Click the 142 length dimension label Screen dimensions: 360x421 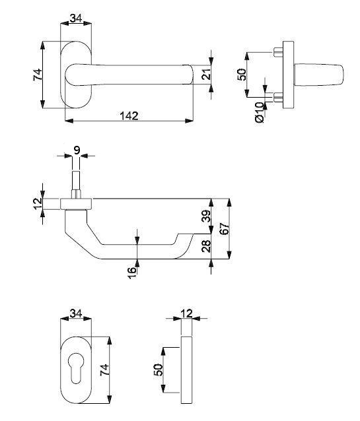point(129,115)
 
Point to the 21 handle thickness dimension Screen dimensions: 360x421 point(207,75)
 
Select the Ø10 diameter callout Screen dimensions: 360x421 point(260,112)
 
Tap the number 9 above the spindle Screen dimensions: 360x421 point(77,150)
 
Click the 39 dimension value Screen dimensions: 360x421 point(207,216)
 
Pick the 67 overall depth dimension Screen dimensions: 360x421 point(225,229)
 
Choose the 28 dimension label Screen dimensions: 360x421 point(207,246)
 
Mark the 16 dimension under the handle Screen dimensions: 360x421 point(132,273)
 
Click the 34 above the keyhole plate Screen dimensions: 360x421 point(76,313)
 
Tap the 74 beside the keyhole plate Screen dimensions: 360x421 point(104,370)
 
